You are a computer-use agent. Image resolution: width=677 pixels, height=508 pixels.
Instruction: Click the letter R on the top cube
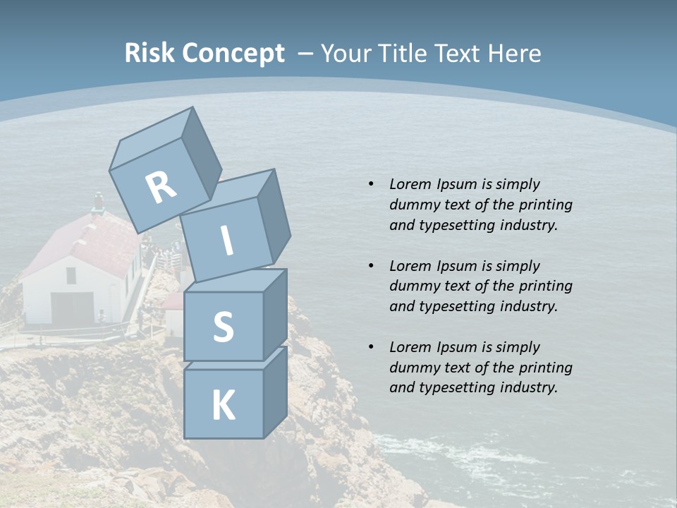(x=161, y=187)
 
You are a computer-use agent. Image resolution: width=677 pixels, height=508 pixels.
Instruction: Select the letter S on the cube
(x=223, y=327)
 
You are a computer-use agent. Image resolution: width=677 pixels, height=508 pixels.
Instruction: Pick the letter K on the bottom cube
(x=223, y=406)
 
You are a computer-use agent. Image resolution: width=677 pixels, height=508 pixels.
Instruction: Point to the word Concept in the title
(x=233, y=54)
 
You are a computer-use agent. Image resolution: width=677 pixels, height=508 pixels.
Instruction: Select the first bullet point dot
(x=371, y=184)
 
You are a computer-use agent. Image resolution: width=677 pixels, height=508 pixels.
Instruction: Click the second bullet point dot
(x=371, y=266)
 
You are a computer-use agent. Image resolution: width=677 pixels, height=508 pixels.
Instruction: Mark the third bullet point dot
(x=371, y=347)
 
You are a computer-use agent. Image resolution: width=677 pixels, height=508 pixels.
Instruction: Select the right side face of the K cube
(x=275, y=392)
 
